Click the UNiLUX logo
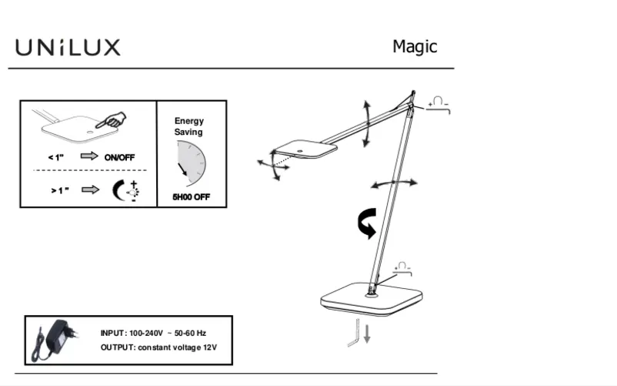[68, 48]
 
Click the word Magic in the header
[415, 47]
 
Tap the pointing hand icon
[113, 120]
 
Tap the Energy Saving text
[188, 126]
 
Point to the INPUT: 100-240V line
[154, 333]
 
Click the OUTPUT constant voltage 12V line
[159, 347]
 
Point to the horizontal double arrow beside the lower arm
[394, 183]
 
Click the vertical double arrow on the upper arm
[367, 122]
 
